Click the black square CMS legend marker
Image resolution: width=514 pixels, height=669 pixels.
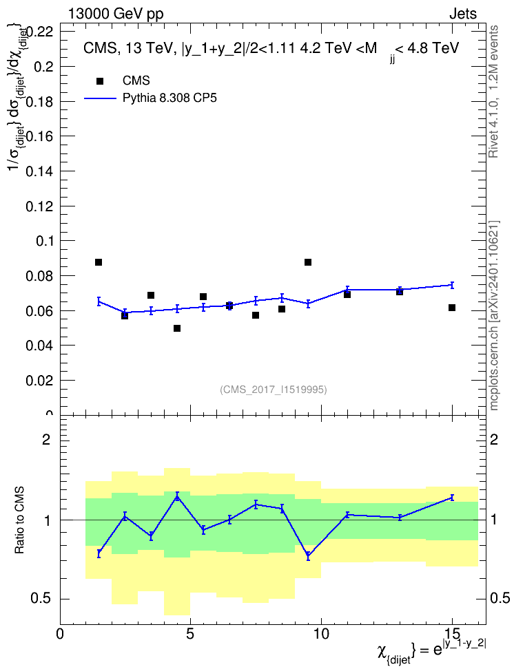tap(100, 81)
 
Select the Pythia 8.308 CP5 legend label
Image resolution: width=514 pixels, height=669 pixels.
tap(169, 98)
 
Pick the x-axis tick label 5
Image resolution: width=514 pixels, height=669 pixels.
tap(190, 634)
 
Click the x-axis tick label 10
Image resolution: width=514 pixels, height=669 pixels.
tap(321, 634)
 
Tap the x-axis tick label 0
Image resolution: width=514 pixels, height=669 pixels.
tap(60, 634)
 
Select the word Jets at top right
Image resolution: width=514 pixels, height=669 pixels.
tap(463, 14)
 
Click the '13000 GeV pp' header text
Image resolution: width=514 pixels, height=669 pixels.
tap(115, 14)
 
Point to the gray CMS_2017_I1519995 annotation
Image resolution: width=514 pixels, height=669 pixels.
tap(274, 390)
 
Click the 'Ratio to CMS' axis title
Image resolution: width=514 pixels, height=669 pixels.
tap(19, 520)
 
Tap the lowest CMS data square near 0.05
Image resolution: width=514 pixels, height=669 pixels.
tap(177, 328)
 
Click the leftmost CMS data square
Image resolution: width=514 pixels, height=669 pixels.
tap(99, 262)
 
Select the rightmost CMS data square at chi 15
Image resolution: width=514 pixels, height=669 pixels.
tap(452, 308)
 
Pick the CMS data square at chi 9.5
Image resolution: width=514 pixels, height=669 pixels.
tap(307, 262)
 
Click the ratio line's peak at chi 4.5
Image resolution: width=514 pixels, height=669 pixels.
tap(177, 496)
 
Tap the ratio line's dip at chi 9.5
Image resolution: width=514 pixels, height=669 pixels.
tap(307, 555)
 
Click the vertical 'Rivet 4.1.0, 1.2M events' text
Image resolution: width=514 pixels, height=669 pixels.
tap(493, 92)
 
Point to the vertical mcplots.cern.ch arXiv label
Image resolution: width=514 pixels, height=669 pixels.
tap(494, 316)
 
